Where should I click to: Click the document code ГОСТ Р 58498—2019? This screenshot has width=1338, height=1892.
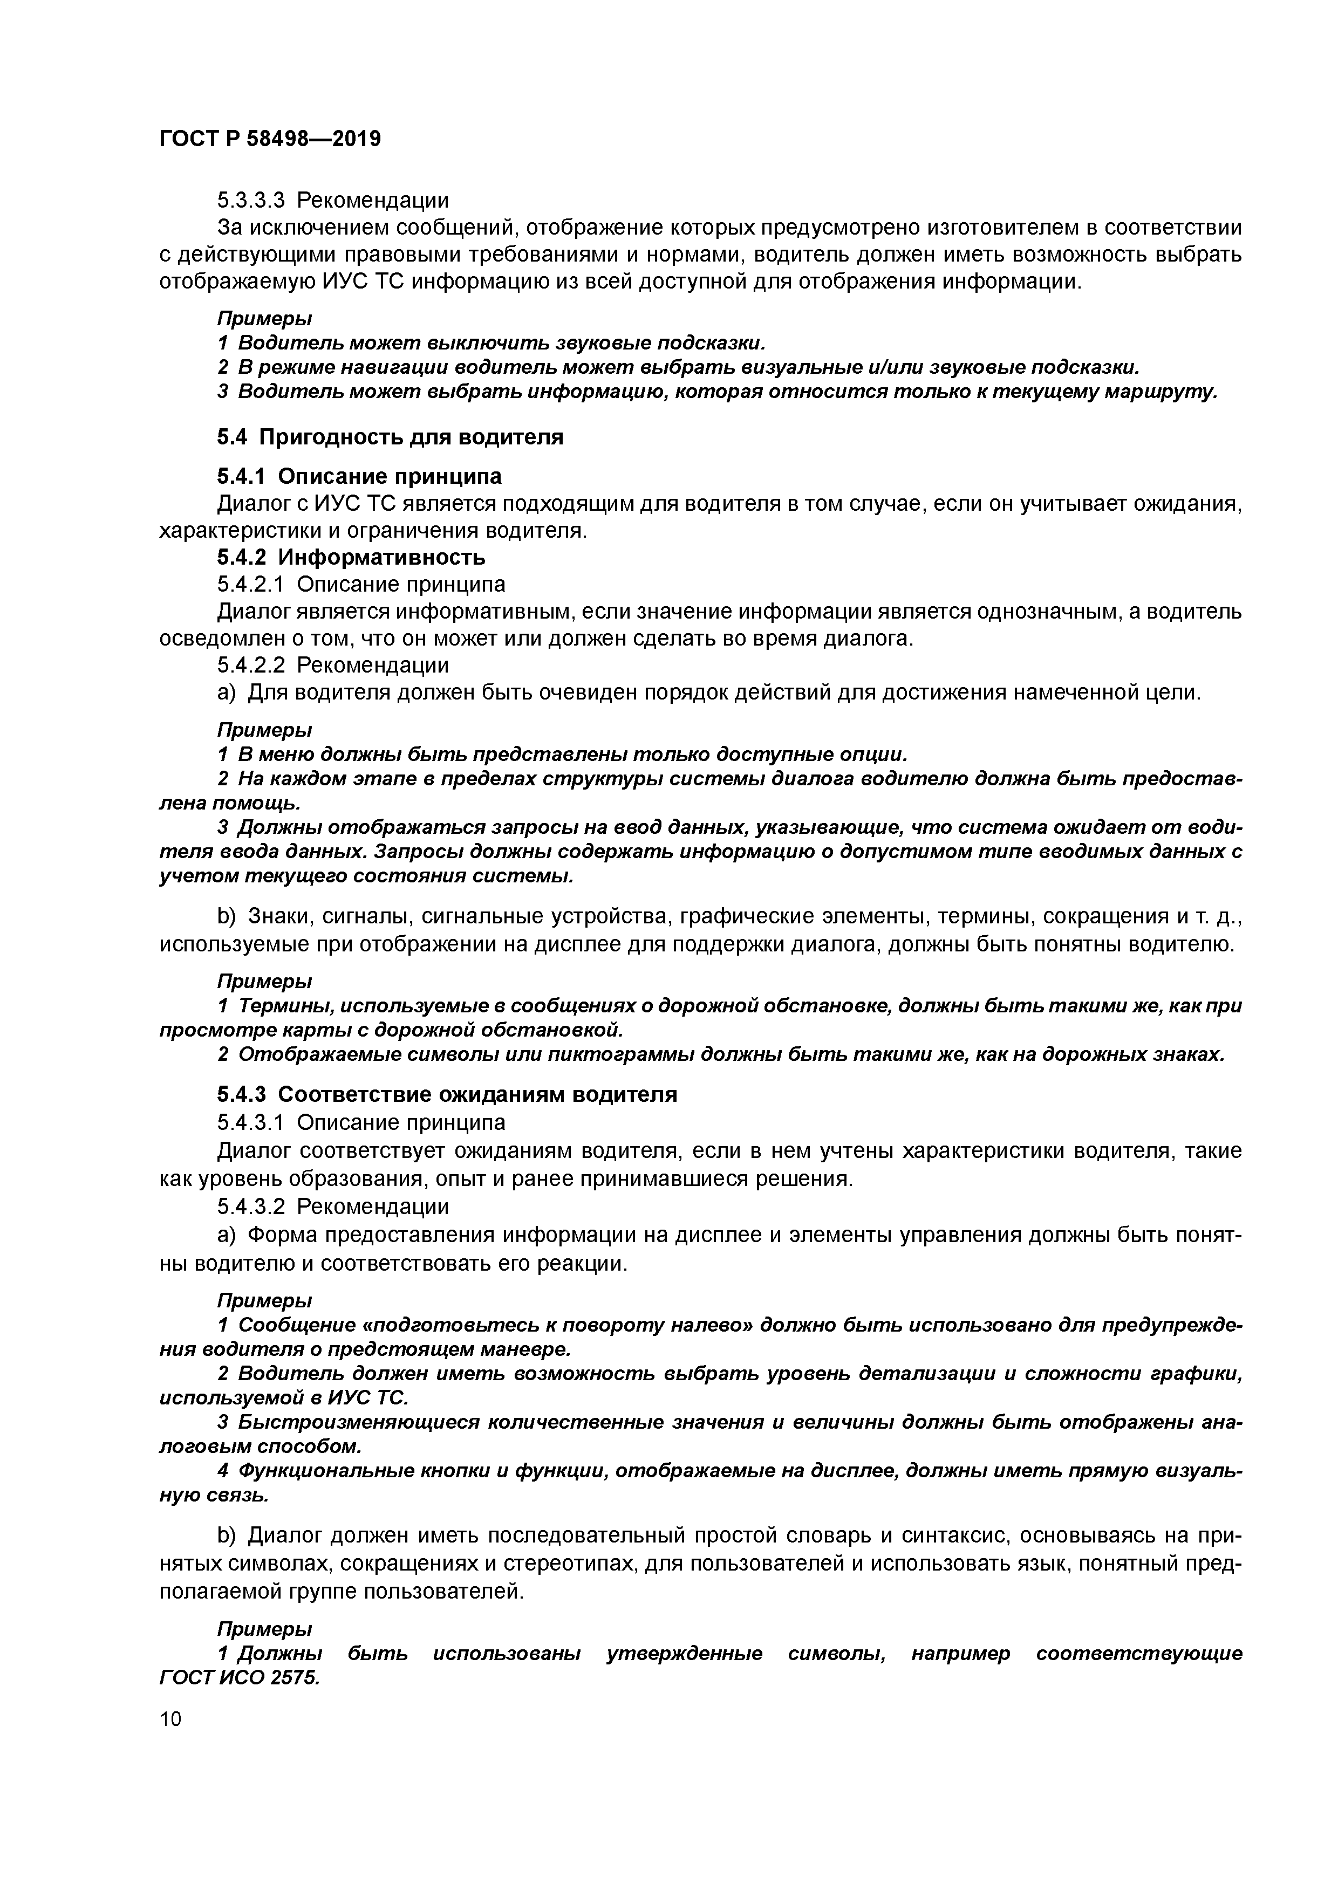pos(270,139)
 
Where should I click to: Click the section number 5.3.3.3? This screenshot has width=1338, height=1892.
pos(251,200)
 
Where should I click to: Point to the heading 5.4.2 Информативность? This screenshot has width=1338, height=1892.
pos(351,558)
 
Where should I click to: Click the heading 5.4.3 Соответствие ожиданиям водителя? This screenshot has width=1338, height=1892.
pos(447,1094)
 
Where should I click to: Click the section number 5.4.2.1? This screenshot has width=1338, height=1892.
pos(251,584)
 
